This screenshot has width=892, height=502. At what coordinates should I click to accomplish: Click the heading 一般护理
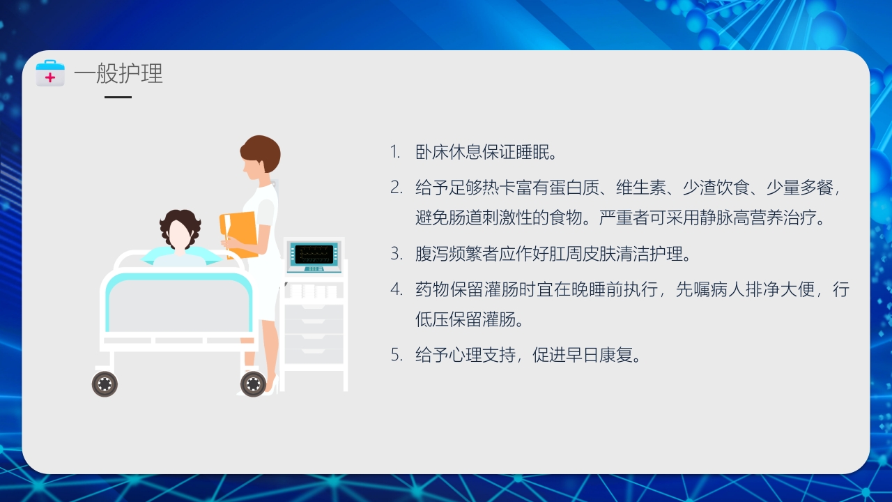tap(118, 73)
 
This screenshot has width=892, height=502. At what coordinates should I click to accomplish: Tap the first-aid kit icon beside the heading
tap(50, 74)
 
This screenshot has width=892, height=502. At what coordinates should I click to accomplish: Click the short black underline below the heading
tap(118, 97)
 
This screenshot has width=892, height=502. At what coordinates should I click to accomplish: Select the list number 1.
tap(395, 152)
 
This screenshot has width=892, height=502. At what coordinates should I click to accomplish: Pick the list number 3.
tap(396, 254)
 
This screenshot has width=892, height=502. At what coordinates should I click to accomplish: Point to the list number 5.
tap(396, 355)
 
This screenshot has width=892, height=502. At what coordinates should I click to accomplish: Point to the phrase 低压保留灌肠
tap(468, 320)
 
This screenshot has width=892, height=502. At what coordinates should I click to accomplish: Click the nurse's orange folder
tap(238, 234)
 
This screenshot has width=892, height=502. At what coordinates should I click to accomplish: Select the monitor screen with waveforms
tap(314, 254)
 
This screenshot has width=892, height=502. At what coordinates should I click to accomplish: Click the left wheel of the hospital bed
tap(105, 383)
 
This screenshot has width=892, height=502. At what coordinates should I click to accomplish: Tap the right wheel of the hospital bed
tap(252, 383)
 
